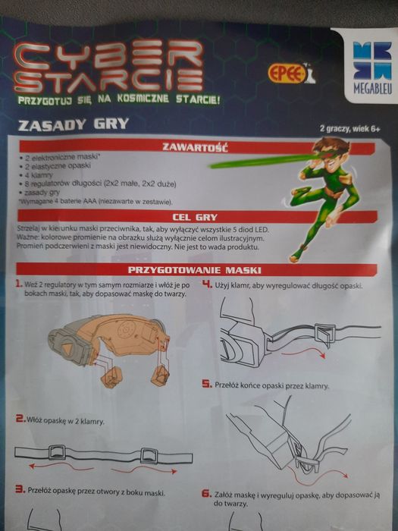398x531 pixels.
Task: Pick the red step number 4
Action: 207,284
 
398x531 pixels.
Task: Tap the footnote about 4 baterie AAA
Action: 95,203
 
